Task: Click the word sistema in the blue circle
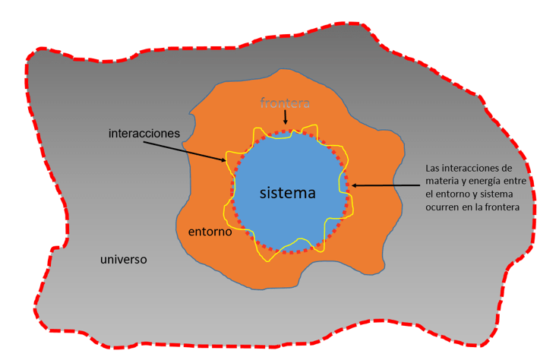click(x=287, y=193)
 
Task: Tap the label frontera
click(x=285, y=103)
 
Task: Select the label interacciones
click(x=144, y=133)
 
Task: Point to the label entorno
click(x=209, y=231)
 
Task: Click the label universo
click(x=123, y=260)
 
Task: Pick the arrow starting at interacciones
click(x=201, y=150)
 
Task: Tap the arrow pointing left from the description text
click(x=387, y=185)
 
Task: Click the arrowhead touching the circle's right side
click(x=355, y=185)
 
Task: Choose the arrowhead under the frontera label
click(x=285, y=122)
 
